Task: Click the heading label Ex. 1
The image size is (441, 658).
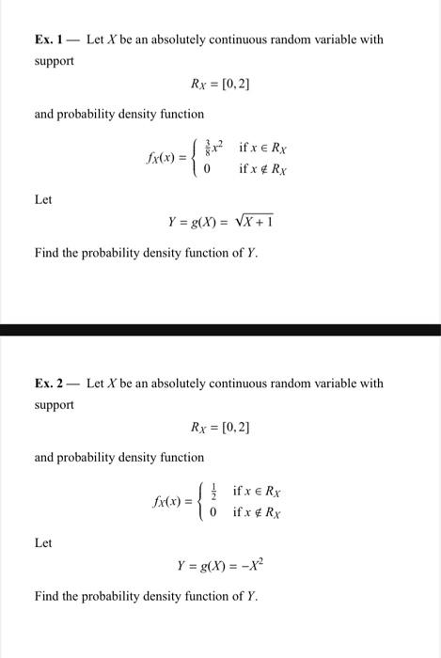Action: (49, 40)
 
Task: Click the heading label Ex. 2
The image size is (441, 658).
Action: (49, 384)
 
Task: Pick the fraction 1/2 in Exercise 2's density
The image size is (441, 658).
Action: (213, 492)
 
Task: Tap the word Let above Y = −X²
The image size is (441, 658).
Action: (43, 543)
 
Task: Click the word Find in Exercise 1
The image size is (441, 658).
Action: (48, 253)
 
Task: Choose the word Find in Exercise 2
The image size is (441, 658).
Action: (48, 596)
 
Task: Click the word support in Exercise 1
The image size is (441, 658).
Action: (55, 61)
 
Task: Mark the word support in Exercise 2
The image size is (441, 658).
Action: (55, 404)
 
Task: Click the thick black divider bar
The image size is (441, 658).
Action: (220, 330)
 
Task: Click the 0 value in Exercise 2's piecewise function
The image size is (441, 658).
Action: (213, 512)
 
